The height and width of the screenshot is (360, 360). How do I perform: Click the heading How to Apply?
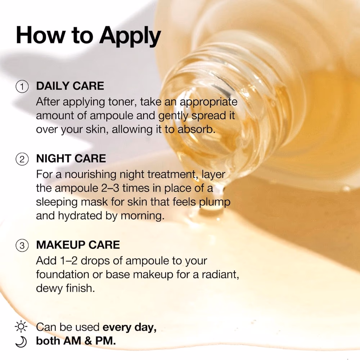(x=88, y=36)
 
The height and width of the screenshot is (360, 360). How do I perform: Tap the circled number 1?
(x=22, y=86)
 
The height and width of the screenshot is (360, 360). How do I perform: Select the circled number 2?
(x=22, y=159)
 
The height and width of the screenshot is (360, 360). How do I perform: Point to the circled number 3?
(x=22, y=246)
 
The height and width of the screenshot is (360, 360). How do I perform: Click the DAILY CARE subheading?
(x=70, y=86)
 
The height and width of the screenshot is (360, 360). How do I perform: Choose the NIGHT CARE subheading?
(x=71, y=158)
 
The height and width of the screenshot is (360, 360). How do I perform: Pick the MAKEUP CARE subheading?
(x=78, y=245)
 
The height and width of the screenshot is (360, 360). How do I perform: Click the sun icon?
(x=21, y=326)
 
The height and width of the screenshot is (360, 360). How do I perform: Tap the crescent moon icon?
(x=21, y=341)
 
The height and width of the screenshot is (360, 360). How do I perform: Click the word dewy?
(x=49, y=288)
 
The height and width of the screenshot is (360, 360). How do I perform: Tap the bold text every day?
(x=130, y=327)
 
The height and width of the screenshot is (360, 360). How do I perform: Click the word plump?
(x=214, y=202)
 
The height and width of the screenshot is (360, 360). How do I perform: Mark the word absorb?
(x=197, y=130)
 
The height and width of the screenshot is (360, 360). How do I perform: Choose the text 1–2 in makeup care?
(x=69, y=261)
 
